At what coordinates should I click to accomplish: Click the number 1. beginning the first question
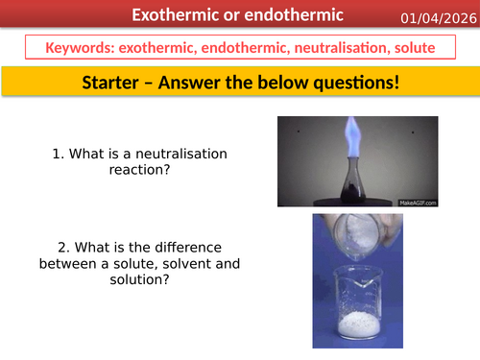[x=59, y=152]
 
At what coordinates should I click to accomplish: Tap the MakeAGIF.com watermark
[x=415, y=202]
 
